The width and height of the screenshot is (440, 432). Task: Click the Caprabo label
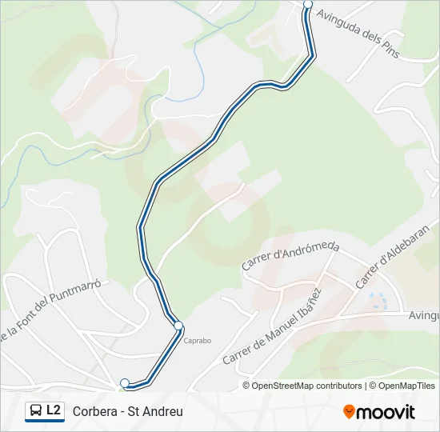[x=198, y=340]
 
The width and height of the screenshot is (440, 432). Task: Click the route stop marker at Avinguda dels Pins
[x=308, y=4]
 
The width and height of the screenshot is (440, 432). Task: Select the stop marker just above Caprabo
[x=178, y=326]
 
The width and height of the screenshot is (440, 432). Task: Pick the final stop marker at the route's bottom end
[x=125, y=383]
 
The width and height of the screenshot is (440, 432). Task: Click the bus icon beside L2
[x=35, y=411]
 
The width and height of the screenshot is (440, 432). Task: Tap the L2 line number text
[x=54, y=411]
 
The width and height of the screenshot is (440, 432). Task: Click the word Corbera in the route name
[x=93, y=412]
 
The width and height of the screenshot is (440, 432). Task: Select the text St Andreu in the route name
[x=159, y=412]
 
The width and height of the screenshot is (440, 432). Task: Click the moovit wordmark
[x=386, y=412]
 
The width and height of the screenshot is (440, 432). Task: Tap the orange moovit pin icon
[x=349, y=411]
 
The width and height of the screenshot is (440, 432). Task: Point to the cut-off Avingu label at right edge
[x=422, y=317]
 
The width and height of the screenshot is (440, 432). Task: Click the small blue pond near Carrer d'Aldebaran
[x=377, y=302]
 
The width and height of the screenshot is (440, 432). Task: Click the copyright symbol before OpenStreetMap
[x=246, y=386]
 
